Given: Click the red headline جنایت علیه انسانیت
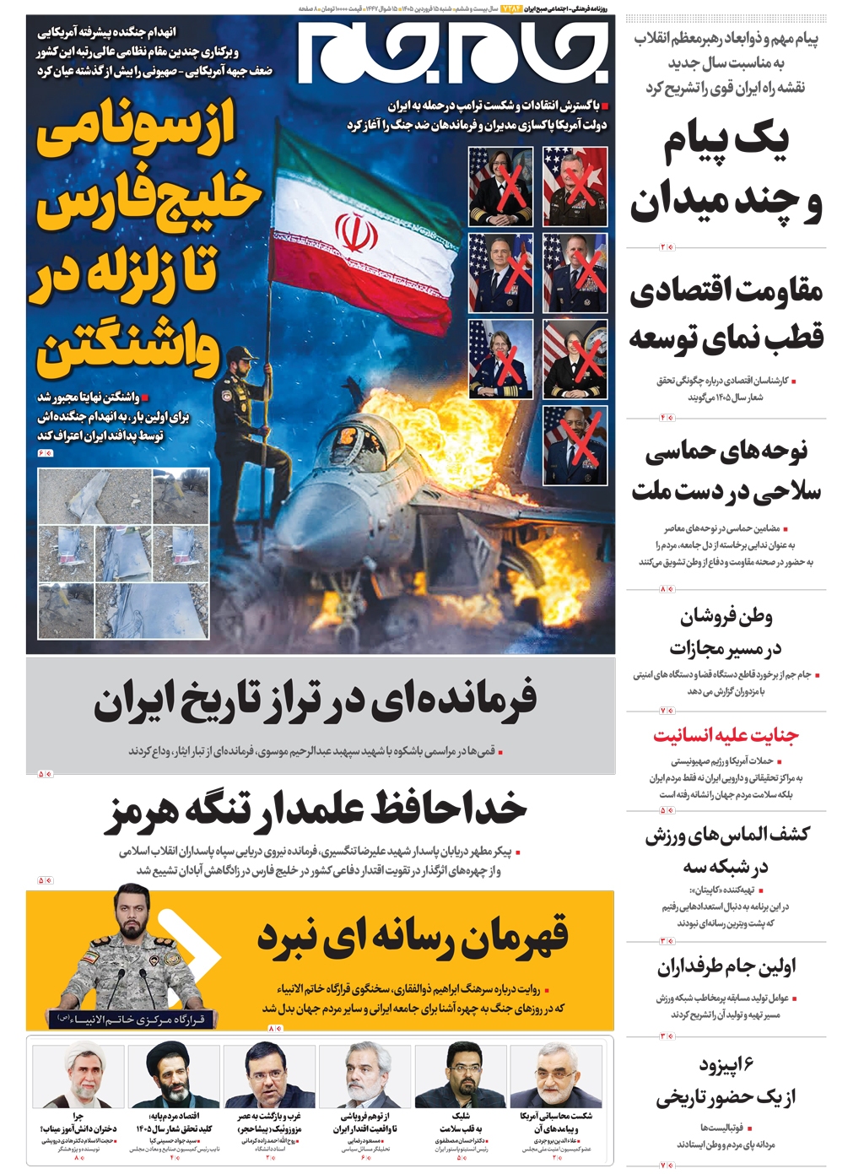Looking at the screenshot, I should click(x=726, y=735).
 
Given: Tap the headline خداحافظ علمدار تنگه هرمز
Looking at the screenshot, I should click(x=318, y=809).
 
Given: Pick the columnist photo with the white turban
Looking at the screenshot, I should click(x=78, y=1076).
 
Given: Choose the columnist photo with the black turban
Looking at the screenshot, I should click(x=174, y=1076).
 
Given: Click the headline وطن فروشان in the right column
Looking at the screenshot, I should click(x=726, y=617).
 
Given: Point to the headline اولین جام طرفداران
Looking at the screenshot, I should click(x=726, y=966).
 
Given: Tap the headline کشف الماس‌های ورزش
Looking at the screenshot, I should click(x=726, y=835).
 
